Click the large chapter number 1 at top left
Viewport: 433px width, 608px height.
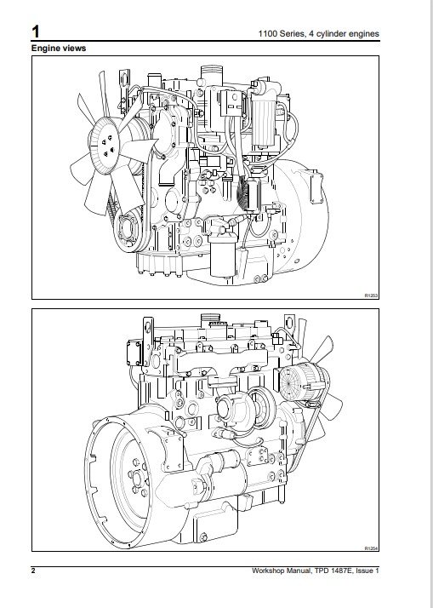click(x=35, y=32)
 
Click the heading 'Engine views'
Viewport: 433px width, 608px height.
click(x=59, y=48)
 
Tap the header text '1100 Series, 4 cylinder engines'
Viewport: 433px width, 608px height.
click(x=319, y=34)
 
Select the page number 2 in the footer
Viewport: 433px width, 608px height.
click(x=33, y=571)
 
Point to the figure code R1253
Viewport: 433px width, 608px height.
click(x=371, y=295)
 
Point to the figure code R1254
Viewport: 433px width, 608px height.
click(x=371, y=548)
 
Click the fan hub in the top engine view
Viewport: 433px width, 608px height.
click(x=105, y=146)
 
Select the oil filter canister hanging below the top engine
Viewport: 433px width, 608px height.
click(x=222, y=256)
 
